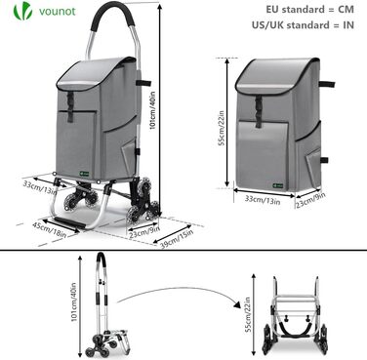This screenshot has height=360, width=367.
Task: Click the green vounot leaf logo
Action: (22, 11)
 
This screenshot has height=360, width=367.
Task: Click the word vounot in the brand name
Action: (58, 11)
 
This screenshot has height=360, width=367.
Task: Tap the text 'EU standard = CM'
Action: (309, 9)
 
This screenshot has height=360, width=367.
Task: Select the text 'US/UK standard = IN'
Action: (303, 24)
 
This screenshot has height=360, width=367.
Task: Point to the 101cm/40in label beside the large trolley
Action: (152, 111)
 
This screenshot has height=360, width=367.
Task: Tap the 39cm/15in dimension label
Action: (177, 239)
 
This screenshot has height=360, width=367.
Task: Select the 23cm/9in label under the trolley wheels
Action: (144, 232)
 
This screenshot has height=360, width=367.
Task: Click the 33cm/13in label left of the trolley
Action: (40, 187)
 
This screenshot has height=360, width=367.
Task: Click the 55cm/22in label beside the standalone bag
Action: (222, 128)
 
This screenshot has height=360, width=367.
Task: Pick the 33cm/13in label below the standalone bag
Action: (263, 200)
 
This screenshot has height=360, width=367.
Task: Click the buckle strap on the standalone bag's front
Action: (259, 111)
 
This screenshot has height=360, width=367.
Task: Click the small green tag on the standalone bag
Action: (277, 186)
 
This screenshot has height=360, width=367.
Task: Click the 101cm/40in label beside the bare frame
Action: (74, 302)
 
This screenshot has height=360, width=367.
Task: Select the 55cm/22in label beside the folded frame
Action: (248, 315)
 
